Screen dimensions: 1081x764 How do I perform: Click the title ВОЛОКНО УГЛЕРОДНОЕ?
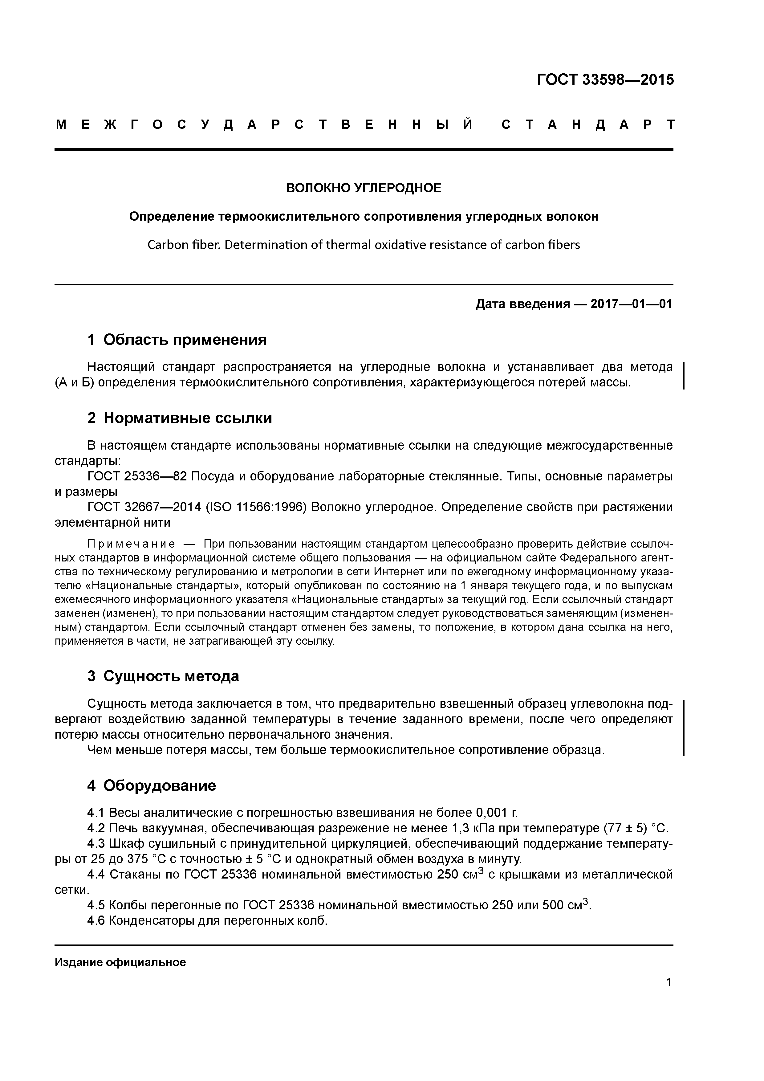point(364,188)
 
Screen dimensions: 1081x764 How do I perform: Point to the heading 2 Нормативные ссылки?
point(180,418)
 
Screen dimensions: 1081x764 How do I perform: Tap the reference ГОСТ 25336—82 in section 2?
point(137,476)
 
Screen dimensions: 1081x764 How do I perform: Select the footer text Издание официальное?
point(120,962)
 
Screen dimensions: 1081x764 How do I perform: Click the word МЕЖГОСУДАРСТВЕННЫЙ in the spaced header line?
point(264,125)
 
